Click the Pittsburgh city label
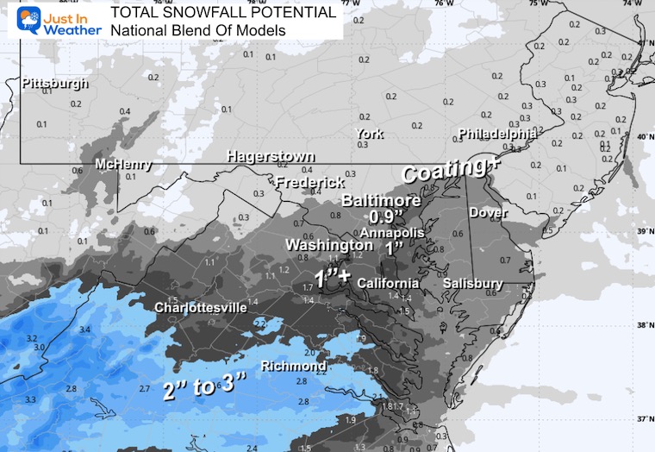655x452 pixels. point(54,84)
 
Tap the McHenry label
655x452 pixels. point(123,164)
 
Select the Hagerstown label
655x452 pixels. point(271,157)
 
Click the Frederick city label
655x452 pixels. point(310,183)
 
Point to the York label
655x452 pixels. point(370,134)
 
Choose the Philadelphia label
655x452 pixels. point(497,135)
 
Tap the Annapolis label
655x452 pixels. point(393,233)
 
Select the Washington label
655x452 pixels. point(330,245)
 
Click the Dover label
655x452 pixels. point(489,212)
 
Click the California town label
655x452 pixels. point(388,284)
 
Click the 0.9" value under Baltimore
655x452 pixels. point(387,217)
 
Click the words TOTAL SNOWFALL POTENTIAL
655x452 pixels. point(223,13)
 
